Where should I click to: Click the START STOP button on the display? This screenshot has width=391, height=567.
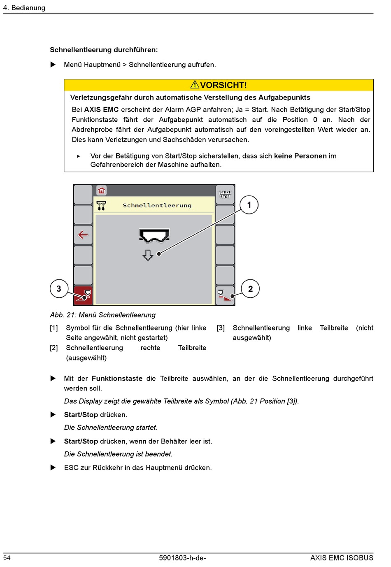[x=225, y=194]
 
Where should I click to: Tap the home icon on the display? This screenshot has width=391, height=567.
[x=101, y=191]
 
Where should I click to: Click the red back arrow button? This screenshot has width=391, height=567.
[x=83, y=235]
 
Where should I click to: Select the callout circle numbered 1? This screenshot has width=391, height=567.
[x=249, y=205]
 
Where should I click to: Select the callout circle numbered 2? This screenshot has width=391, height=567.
[x=250, y=289]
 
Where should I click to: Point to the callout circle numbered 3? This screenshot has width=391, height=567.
[x=59, y=289]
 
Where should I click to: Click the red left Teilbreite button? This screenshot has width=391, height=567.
[x=84, y=295]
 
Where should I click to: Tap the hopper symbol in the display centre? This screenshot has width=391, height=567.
[x=154, y=236]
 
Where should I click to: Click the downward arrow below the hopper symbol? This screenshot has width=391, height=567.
[x=148, y=255]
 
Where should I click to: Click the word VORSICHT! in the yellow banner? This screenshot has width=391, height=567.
[x=223, y=85]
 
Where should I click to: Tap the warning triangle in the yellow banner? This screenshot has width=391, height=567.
[x=195, y=85]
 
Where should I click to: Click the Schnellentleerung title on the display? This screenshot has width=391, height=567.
[x=157, y=205]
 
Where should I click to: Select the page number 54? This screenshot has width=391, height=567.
[x=7, y=558]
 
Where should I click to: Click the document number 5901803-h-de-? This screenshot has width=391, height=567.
[x=182, y=558]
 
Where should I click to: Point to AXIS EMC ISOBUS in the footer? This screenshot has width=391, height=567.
[x=342, y=558]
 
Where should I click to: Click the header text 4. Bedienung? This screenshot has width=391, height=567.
[x=24, y=8]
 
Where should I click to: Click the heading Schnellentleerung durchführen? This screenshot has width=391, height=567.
[x=104, y=50]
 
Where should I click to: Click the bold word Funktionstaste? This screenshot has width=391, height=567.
[x=117, y=379]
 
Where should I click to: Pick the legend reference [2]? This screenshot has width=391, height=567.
[x=54, y=348]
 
